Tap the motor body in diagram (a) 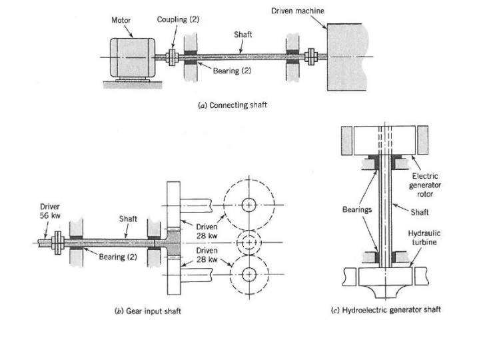click(x=130, y=57)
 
